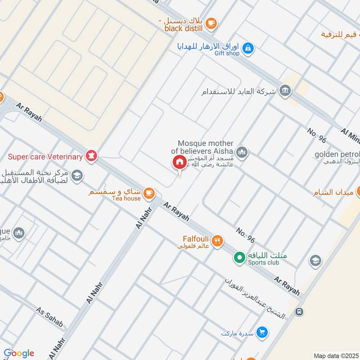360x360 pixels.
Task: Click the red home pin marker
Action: click(179, 162)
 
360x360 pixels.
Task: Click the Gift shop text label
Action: click(227, 54)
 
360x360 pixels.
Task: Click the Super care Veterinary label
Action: click(45, 157)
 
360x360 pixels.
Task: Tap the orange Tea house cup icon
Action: click(149, 193)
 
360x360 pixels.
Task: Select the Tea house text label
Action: click(126, 198)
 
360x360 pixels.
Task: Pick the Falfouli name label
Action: click(194, 239)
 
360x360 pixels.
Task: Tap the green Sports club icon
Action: click(239, 258)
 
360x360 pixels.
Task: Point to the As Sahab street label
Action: click(49, 318)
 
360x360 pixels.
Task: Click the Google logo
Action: click(19, 353)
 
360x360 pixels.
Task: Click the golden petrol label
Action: click(337, 154)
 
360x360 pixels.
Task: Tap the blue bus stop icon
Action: click(298, 311)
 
